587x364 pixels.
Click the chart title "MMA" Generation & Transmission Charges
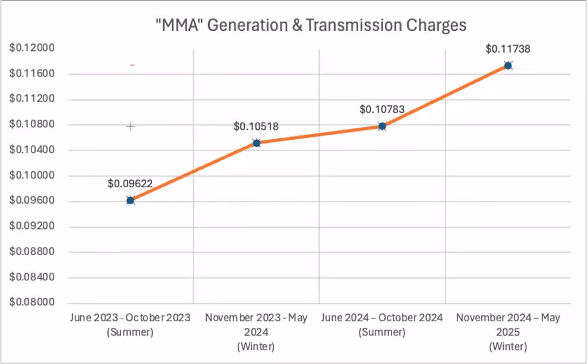pos(311,25)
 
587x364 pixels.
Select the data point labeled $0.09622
pos(130,200)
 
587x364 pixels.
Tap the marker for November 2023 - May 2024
pos(257,143)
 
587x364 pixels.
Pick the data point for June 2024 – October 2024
pos(382,126)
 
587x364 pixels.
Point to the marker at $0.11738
pos(508,66)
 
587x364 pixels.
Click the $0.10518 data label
pos(256,126)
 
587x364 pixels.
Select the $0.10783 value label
pos(382,109)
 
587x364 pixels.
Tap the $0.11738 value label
pos(508,49)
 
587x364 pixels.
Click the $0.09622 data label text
pos(130,184)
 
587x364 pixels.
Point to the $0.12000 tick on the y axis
pos(32,48)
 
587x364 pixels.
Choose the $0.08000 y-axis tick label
pos(32,302)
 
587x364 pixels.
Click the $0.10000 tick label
pos(32,175)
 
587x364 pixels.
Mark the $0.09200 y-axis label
pos(32,226)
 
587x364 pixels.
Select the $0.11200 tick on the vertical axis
pos(32,98)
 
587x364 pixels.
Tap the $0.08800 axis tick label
pos(32,251)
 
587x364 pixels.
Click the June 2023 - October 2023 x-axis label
pos(130,325)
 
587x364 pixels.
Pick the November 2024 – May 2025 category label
pos(508,332)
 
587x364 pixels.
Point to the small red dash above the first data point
pos(132,65)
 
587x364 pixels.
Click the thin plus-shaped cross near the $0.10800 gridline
pos(130,126)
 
